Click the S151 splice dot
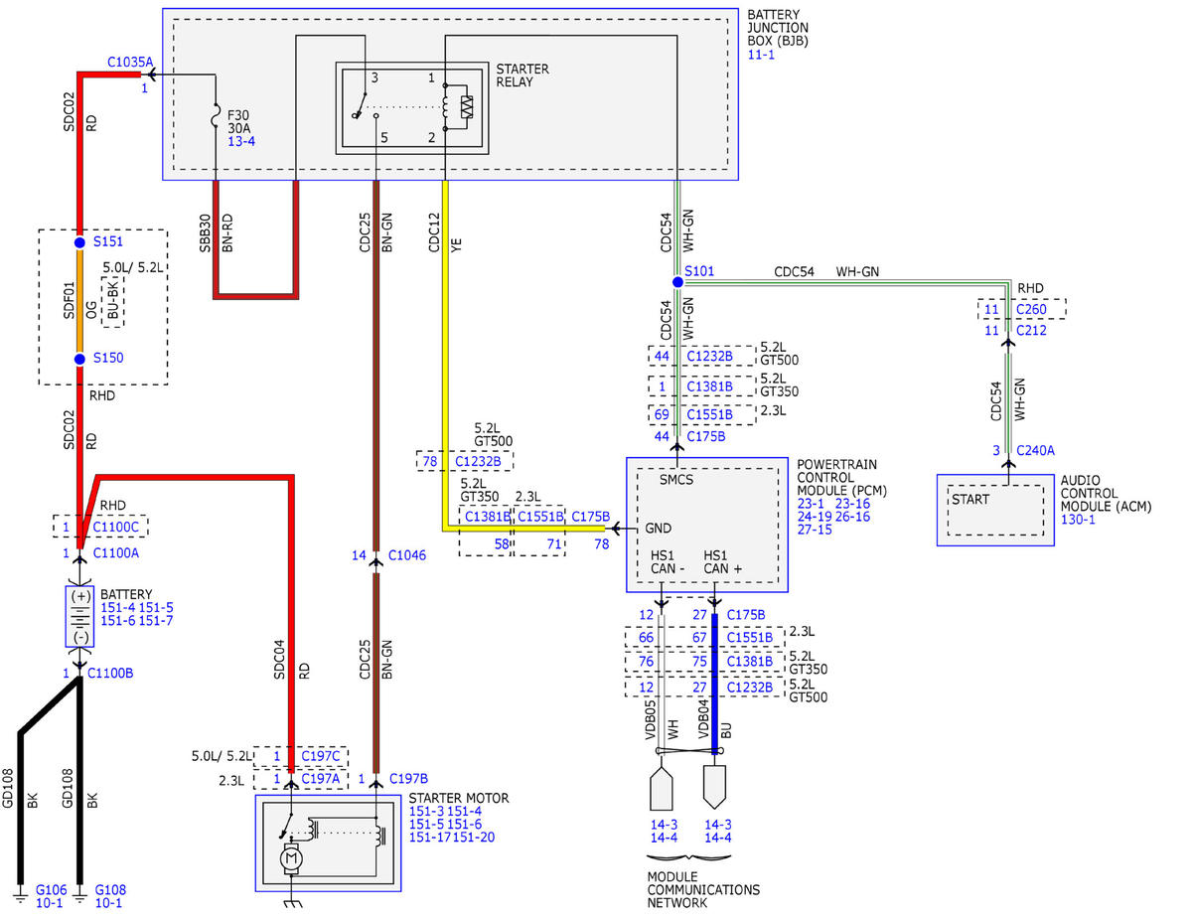point(79,241)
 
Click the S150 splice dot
point(79,359)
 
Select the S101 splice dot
point(677,282)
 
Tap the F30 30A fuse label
point(238,122)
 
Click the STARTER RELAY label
point(522,76)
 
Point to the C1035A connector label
point(130,62)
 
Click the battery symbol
point(80,617)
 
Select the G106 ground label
point(51,889)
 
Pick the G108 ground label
point(110,889)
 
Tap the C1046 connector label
point(406,555)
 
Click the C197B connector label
point(408,778)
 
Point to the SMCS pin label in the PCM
point(675,480)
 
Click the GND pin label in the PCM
point(658,528)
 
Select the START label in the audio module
point(970,499)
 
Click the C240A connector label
point(1035,450)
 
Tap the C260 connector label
point(1031,309)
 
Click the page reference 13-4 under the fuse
point(241,141)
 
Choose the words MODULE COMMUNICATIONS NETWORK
point(703,889)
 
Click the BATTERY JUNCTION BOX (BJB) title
point(778,28)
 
